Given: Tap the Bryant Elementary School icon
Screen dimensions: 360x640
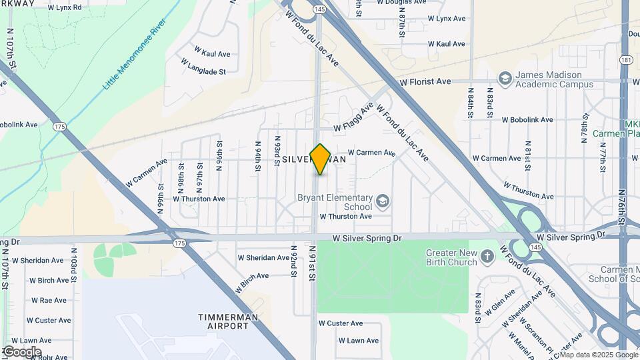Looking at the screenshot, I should click(x=383, y=201).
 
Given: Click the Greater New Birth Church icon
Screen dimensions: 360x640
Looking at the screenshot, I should click(x=487, y=257).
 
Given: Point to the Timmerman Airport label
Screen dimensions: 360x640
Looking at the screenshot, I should click(x=227, y=322).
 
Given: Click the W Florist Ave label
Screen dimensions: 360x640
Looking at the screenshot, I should click(x=425, y=81).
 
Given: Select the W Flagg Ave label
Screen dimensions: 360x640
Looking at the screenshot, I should click(x=354, y=117).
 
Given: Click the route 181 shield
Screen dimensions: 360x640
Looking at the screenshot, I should click(x=625, y=60).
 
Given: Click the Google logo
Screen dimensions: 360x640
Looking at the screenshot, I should click(x=21, y=351).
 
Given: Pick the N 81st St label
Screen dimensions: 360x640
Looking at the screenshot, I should click(x=528, y=153).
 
